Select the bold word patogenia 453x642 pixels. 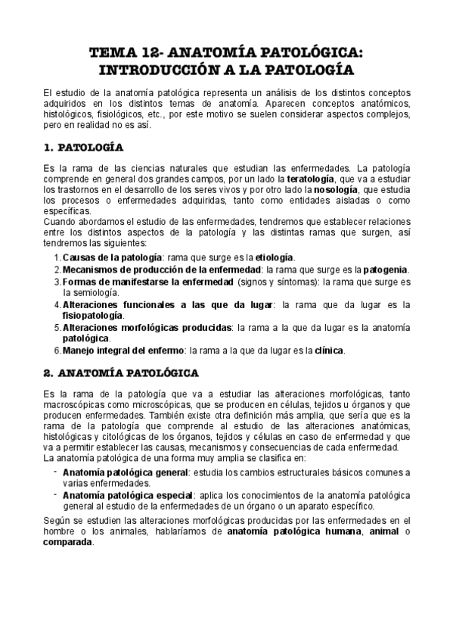tap(386, 269)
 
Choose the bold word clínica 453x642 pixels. tap(332, 350)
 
